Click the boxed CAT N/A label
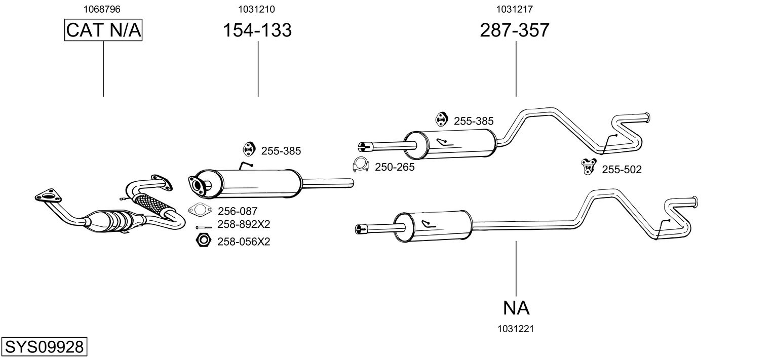[x=103, y=30]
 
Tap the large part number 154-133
[x=257, y=30]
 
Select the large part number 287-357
[x=515, y=30]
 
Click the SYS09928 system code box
[x=44, y=346]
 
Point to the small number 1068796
[x=102, y=9]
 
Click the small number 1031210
[x=256, y=9]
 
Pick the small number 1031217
[x=515, y=9]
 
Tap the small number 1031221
[x=516, y=329]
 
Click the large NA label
[x=516, y=308]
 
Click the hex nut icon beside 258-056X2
[x=203, y=240]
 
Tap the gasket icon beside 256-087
[x=200, y=210]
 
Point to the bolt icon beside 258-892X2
[x=204, y=227]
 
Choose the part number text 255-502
[x=622, y=170]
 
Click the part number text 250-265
[x=395, y=167]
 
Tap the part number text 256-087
[x=238, y=211]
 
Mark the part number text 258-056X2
[x=244, y=242]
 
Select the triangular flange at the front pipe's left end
[x=48, y=196]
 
